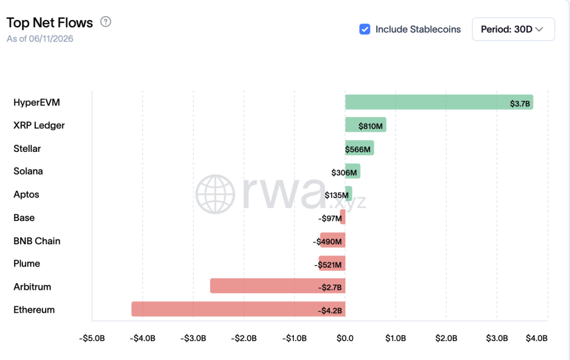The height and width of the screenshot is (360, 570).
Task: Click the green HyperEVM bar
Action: point(439,102)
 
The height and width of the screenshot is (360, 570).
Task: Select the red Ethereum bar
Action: point(238,309)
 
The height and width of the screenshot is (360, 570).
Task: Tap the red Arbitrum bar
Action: point(278,286)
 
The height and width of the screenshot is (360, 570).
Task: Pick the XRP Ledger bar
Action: point(366,125)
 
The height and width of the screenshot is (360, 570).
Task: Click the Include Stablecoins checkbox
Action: point(365,29)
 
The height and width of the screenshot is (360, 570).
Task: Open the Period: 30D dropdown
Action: point(513,29)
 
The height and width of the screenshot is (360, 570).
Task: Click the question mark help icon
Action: point(106,22)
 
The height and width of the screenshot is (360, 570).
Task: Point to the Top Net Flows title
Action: point(50,22)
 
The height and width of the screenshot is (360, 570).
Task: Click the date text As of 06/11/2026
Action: point(40,39)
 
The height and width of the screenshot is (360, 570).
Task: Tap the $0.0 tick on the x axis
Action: point(345,338)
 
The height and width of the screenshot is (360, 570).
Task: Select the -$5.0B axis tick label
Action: point(92,338)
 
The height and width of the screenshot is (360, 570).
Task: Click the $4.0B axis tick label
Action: point(537,338)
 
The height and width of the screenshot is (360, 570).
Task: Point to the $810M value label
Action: point(370,126)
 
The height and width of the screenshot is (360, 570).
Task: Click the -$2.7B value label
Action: point(330,288)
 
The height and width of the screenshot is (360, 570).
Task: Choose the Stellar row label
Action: point(27,149)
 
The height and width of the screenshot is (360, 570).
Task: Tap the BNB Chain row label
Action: point(37,241)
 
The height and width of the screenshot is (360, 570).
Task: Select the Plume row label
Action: point(27,263)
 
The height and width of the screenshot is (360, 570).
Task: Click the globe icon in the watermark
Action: point(215,194)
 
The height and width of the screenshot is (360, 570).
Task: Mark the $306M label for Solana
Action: point(344,172)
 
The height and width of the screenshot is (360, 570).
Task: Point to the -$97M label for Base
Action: point(330,218)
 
